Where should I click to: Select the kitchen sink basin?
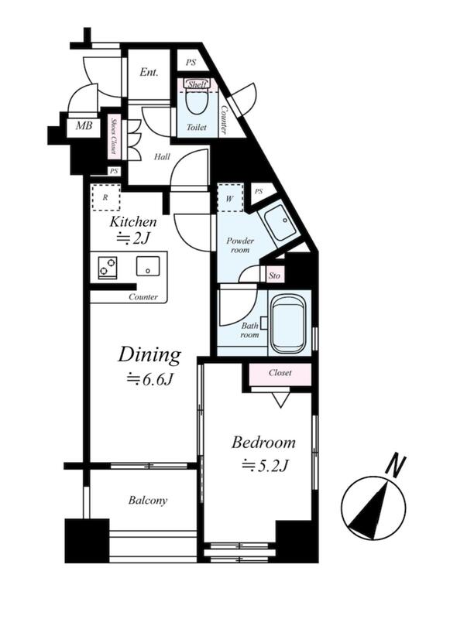tap(148, 266)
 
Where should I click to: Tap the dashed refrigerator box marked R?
tap(105, 197)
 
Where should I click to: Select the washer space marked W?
tap(230, 198)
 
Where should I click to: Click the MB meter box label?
tap(84, 126)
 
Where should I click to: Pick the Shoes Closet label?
tap(114, 136)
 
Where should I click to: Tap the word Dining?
tap(149, 355)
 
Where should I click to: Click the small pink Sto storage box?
tap(274, 275)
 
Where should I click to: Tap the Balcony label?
tap(148, 501)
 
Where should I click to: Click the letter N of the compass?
tap(396, 467)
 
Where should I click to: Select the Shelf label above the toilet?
tap(197, 84)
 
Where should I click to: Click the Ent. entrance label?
tap(149, 72)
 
